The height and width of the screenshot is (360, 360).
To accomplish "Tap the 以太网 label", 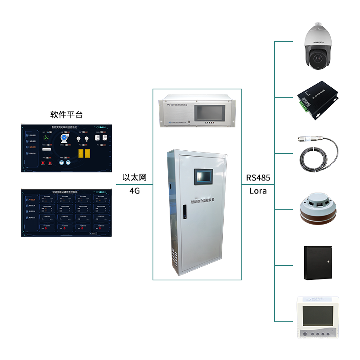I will pyautogui.click(x=135, y=178).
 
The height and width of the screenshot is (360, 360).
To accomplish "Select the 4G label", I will pyautogui.click(x=135, y=191).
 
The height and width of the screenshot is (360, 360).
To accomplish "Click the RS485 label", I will pyautogui.click(x=258, y=178).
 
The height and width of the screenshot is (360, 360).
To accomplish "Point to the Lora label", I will pyautogui.click(x=258, y=191).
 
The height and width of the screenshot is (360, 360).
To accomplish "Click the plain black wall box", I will pyautogui.click(x=318, y=263).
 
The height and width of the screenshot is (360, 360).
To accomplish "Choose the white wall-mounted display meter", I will pyautogui.click(x=318, y=317).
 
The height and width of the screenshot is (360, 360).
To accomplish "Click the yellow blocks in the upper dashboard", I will pyautogui.click(x=84, y=153).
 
